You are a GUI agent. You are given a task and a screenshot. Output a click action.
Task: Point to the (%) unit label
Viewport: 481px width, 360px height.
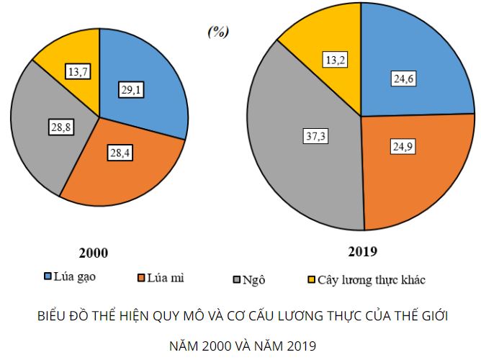click(217, 32)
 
